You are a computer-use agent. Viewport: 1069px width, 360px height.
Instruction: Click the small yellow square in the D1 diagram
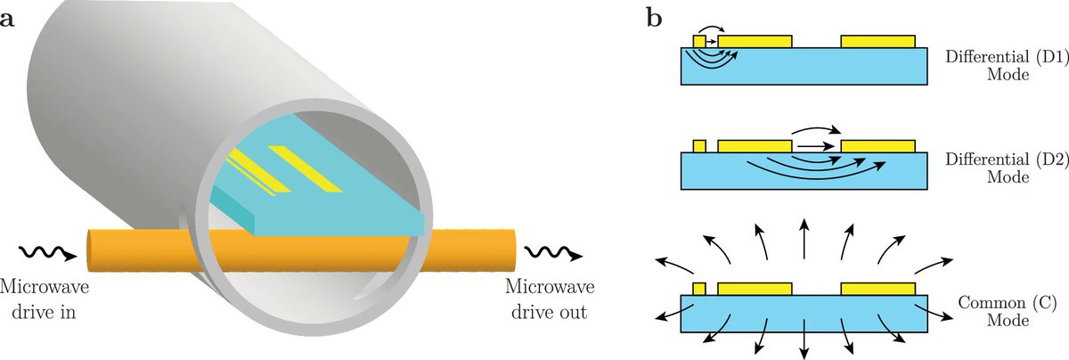tap(699, 41)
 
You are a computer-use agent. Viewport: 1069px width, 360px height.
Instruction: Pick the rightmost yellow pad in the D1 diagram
tap(877, 41)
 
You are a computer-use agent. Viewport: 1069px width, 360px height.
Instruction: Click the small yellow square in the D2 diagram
tap(699, 145)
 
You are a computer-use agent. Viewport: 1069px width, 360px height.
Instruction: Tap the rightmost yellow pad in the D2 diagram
tap(877, 145)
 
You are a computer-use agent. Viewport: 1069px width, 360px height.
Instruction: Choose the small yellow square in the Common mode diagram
tap(699, 288)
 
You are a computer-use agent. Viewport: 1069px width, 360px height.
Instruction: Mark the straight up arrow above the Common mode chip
tap(804, 237)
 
